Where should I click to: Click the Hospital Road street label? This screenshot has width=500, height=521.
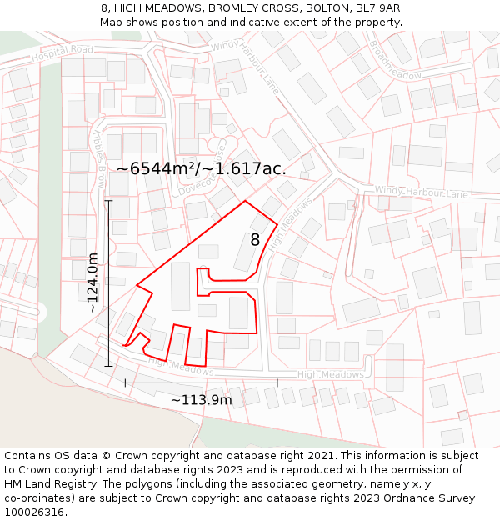click(62, 53)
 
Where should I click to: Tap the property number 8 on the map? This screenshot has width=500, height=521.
click(255, 240)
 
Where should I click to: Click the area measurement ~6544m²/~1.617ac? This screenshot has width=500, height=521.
click(202, 168)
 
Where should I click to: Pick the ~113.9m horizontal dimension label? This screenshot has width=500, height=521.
click(201, 400)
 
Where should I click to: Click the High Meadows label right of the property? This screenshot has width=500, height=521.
click(331, 375)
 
